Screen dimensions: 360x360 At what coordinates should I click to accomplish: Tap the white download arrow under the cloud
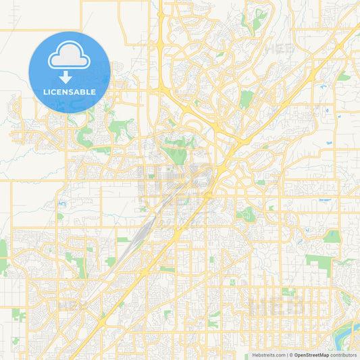pos(69,77)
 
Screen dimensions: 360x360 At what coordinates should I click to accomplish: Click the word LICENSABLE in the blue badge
pos(69,92)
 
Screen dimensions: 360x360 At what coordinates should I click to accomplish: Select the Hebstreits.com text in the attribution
pos(267,355)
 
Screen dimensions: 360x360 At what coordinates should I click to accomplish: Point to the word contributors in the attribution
pos(343,355)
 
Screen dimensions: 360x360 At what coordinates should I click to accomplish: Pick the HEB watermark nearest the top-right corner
pos(275,49)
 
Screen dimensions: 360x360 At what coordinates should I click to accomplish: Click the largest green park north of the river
pos(317,263)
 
